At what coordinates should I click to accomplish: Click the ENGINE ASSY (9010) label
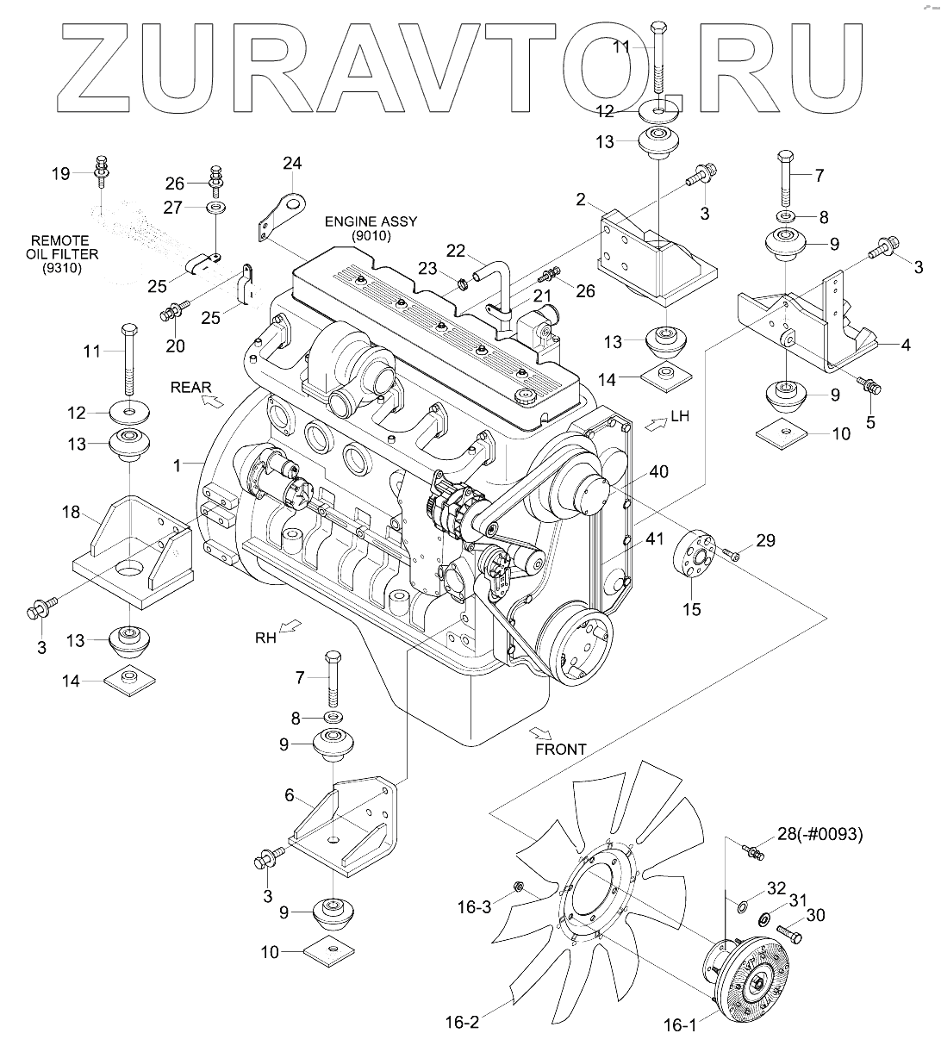tap(370, 228)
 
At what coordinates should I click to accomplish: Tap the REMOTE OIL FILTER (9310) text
tap(64, 254)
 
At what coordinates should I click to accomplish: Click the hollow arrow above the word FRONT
tap(541, 733)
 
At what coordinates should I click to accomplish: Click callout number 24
tap(292, 163)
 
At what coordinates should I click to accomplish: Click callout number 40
tap(659, 471)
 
